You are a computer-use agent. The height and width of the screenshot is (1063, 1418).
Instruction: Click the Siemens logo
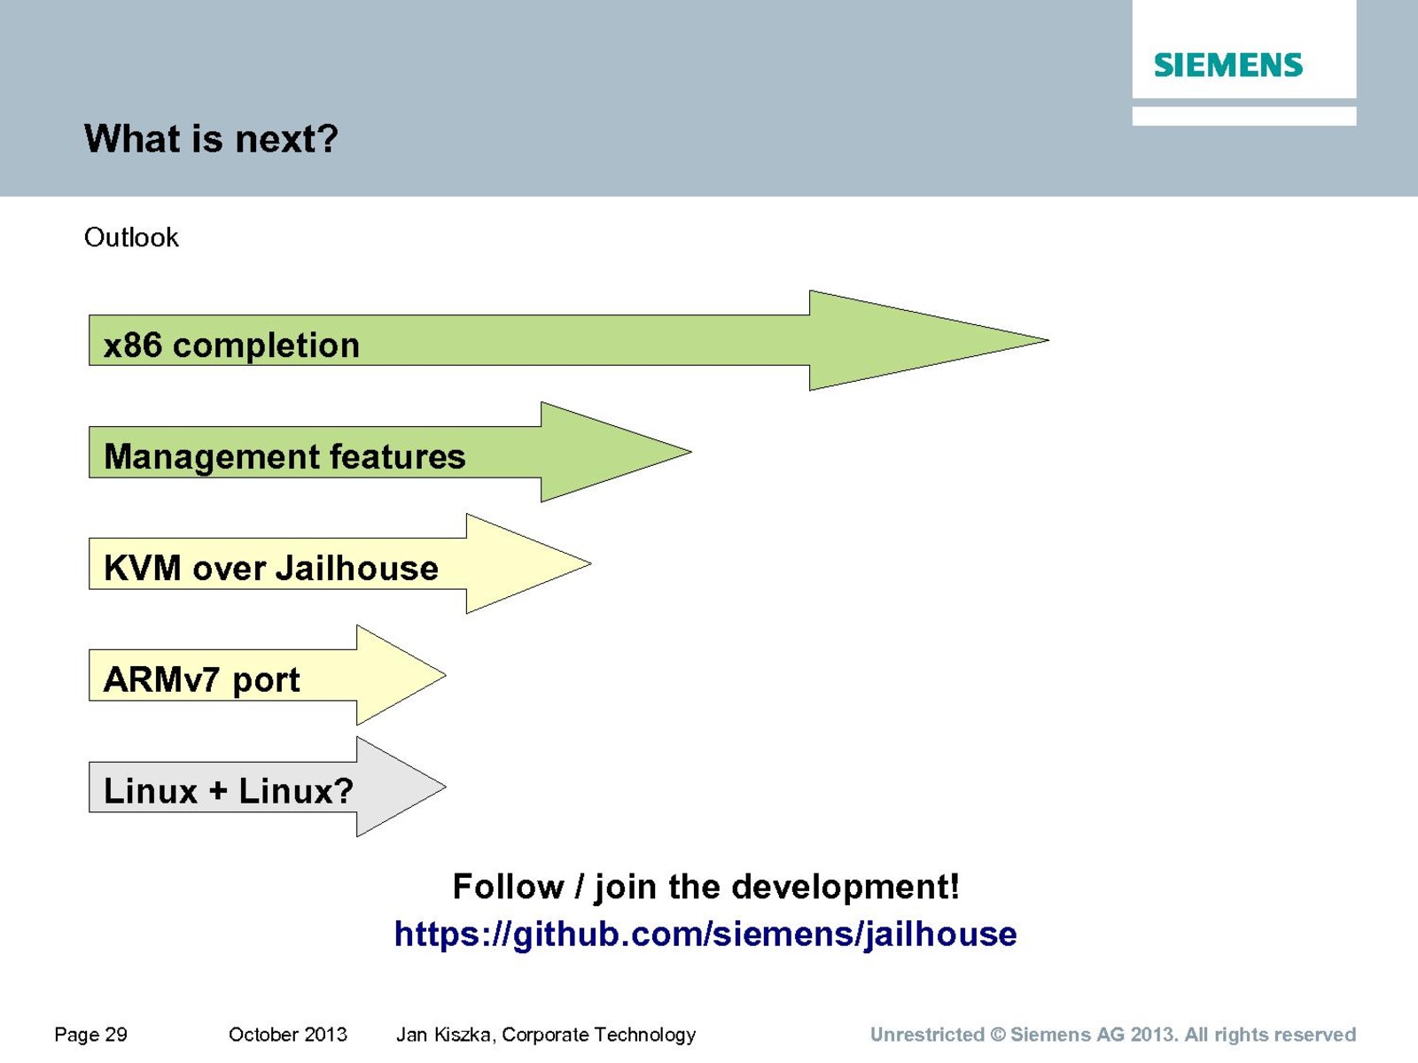(1228, 66)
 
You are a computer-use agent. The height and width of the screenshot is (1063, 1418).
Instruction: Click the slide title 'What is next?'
(211, 138)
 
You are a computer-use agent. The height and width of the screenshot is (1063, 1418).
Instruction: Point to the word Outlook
(131, 237)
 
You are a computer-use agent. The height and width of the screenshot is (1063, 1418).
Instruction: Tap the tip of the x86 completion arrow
(1048, 340)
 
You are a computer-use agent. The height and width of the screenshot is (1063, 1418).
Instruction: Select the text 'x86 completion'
(231, 345)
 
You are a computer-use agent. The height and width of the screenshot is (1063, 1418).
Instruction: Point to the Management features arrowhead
(616, 452)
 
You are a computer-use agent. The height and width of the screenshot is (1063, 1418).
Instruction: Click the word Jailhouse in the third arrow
(357, 569)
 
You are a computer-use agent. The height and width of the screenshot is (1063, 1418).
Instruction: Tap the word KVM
(142, 569)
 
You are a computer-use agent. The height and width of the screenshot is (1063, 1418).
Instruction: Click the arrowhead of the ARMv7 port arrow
(401, 675)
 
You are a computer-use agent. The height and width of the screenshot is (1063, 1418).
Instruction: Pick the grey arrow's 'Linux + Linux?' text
(229, 791)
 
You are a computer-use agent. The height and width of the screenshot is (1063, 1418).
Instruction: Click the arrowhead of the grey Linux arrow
(401, 787)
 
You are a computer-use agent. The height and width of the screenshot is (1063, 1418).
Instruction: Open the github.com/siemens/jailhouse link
(705, 935)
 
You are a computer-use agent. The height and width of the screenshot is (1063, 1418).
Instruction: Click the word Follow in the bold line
(508, 886)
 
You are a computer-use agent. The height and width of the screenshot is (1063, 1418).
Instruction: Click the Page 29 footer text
(90, 1035)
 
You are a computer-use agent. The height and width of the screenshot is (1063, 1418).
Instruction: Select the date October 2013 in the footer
(287, 1035)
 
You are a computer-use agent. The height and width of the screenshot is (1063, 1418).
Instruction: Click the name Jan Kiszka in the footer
(445, 1035)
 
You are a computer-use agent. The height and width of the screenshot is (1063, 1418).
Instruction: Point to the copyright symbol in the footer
(998, 1035)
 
